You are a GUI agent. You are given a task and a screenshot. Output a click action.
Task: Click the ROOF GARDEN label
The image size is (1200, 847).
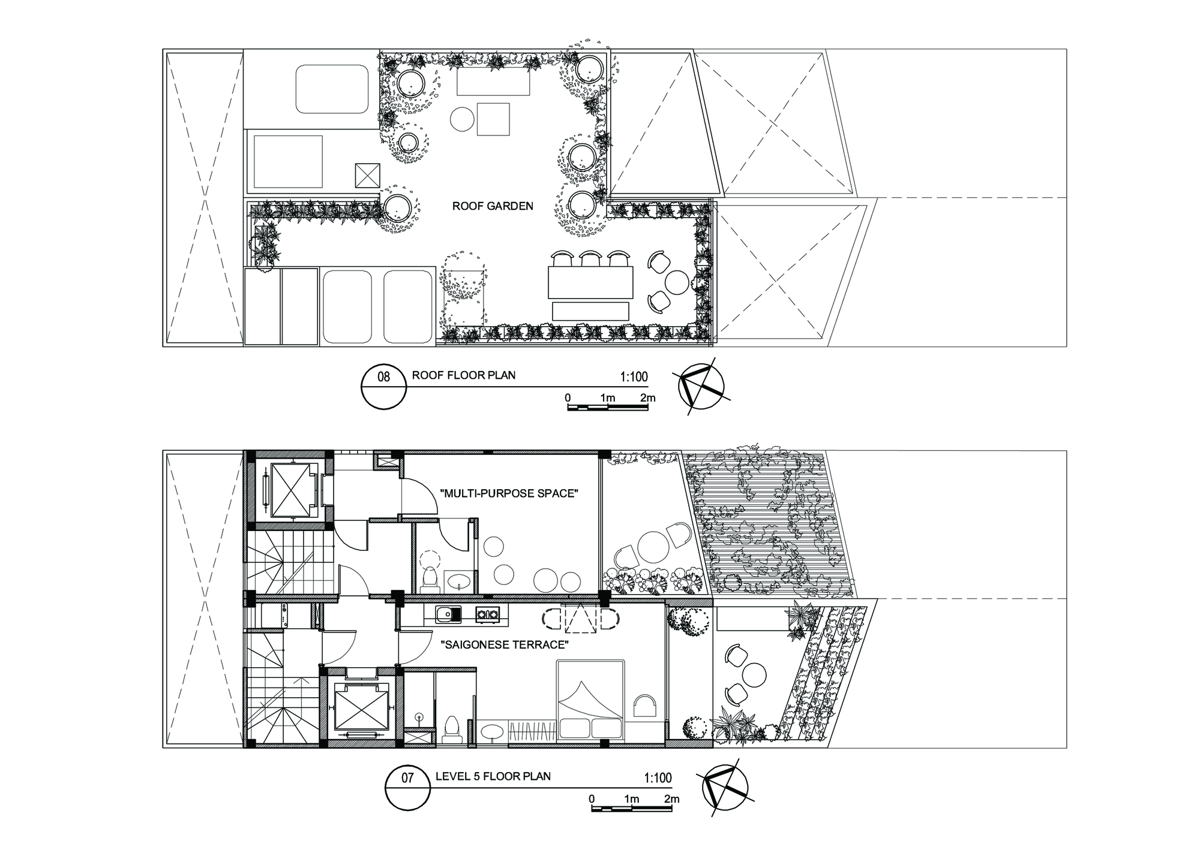(492, 206)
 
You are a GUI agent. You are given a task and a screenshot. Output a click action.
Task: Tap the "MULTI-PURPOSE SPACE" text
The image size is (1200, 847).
(509, 494)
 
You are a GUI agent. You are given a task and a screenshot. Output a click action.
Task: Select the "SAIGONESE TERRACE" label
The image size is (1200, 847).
(504, 645)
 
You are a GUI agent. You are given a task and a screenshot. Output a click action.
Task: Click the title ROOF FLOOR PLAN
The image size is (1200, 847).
(463, 376)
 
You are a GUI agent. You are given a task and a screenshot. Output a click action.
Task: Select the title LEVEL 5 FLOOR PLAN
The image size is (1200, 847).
(493, 776)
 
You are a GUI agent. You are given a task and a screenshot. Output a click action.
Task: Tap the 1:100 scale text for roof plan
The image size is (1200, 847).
(634, 377)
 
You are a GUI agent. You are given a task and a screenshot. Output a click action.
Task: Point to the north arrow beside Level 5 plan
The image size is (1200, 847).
(725, 786)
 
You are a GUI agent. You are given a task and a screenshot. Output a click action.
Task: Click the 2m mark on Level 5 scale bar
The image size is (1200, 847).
(671, 799)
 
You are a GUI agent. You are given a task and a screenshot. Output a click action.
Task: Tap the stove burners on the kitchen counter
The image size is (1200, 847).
(487, 614)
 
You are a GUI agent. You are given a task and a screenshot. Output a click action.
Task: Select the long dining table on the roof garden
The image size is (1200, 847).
(590, 282)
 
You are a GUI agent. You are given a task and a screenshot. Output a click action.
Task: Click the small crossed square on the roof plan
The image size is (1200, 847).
(367, 175)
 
